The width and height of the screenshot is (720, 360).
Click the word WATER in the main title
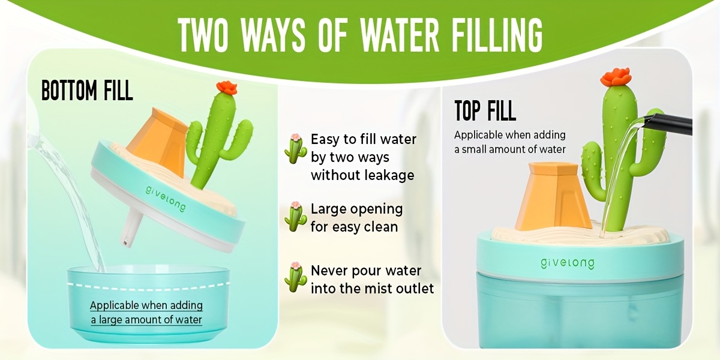(399, 35)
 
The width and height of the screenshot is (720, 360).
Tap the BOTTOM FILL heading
(87, 91)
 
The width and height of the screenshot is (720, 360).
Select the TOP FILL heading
(485, 110)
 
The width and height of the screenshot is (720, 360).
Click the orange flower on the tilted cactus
(227, 87)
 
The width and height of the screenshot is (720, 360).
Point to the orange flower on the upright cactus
(616, 77)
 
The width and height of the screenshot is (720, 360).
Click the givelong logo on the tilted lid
(165, 198)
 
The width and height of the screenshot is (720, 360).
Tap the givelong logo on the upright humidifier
(568, 263)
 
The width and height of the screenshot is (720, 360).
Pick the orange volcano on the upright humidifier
(553, 196)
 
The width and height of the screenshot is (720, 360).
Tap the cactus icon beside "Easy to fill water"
(295, 149)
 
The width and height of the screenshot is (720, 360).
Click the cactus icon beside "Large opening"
(295, 217)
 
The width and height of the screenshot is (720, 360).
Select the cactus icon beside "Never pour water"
(295, 277)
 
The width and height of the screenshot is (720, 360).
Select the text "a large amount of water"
(146, 320)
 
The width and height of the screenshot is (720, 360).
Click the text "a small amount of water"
(510, 149)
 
